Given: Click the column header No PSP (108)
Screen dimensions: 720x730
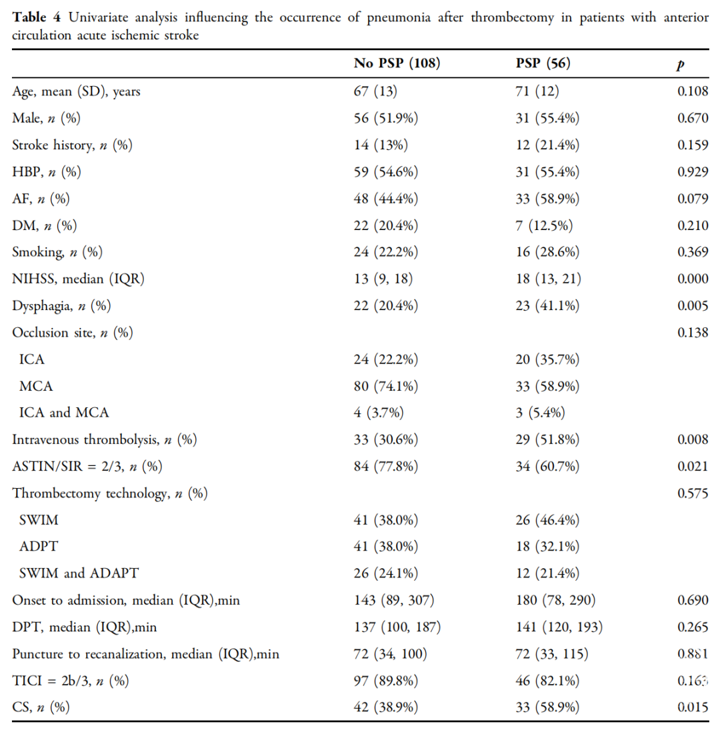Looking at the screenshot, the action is [x=397, y=63].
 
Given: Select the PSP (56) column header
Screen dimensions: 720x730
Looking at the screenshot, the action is [x=543, y=63].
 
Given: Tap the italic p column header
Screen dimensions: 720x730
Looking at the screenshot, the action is [x=681, y=65].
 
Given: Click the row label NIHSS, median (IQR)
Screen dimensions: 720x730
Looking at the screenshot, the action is [x=78, y=279].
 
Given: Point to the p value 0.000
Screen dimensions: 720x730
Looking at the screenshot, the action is [x=693, y=279].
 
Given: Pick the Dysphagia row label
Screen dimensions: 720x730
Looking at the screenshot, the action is [x=61, y=306].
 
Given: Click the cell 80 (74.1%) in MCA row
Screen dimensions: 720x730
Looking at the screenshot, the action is [x=386, y=386].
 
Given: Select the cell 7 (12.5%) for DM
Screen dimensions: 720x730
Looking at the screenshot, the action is [x=544, y=225].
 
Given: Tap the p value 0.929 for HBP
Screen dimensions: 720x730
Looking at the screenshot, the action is [x=693, y=172].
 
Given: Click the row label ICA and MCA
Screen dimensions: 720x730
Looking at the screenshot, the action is [x=64, y=413].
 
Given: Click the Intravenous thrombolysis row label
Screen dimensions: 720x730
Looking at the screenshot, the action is [x=104, y=439].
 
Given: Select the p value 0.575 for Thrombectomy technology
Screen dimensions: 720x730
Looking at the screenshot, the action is [x=693, y=493].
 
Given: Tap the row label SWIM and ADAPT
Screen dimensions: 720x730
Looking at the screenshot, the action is [x=79, y=573].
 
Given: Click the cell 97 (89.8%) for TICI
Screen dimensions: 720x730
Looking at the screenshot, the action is [x=386, y=681].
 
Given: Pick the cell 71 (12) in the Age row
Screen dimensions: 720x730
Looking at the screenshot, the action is [x=537, y=91].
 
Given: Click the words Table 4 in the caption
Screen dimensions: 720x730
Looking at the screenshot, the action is [x=36, y=17].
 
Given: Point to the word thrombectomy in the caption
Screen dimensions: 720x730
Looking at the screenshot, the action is [x=513, y=18].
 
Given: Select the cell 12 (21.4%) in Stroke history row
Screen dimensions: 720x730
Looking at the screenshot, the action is [x=547, y=145].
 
